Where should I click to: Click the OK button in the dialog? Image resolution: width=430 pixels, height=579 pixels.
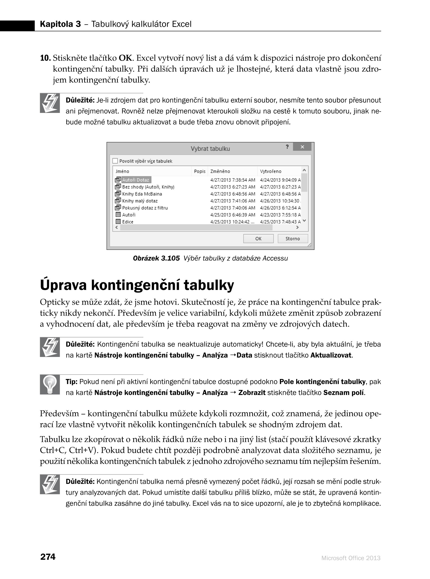pos(258,239)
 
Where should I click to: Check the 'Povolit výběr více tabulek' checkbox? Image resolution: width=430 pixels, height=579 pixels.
pos(115,161)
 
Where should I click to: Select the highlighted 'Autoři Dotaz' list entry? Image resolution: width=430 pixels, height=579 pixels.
pos(136,180)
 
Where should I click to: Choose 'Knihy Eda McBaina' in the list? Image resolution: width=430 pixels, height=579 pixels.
pos(142,194)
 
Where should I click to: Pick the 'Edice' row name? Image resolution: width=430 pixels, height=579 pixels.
pos(128,222)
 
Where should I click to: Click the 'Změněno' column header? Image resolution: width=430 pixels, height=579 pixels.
pos(220,171)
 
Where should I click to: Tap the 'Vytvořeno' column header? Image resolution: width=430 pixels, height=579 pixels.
pos(271,171)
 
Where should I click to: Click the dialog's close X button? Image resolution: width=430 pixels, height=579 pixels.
pos(302,147)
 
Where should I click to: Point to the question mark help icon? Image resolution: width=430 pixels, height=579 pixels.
pos(287,147)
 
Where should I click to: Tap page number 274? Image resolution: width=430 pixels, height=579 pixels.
pos(48,557)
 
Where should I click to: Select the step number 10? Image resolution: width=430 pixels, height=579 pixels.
pos(45,58)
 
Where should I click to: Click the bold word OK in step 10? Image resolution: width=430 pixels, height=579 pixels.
pos(125,58)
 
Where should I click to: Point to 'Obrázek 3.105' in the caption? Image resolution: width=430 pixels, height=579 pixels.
pos(156,258)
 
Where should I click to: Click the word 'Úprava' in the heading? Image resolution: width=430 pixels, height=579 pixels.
pos(63,285)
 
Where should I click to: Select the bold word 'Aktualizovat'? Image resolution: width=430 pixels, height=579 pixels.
pos(331,355)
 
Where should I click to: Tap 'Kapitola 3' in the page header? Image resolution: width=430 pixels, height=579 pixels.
pos(60,24)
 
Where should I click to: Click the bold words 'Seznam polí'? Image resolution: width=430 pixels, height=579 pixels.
pos(344,393)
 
